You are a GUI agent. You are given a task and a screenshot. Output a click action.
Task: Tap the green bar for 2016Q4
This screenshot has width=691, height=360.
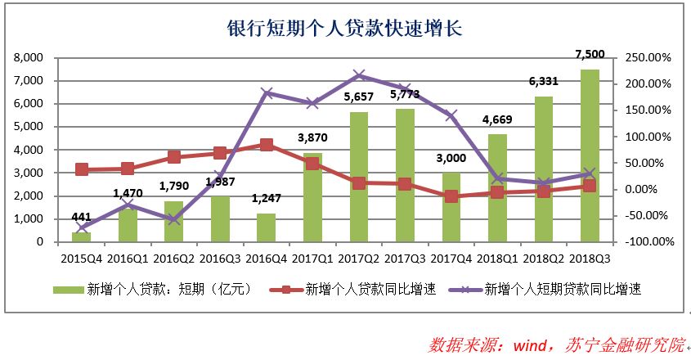(266, 227)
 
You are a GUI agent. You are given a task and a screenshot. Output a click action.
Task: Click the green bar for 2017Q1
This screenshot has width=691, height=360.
(312, 197)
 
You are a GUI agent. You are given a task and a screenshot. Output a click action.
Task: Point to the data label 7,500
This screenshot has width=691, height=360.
(590, 54)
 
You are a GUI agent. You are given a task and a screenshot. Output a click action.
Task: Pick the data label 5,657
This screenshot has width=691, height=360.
(357, 96)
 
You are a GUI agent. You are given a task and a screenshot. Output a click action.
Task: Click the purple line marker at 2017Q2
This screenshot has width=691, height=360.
(358, 75)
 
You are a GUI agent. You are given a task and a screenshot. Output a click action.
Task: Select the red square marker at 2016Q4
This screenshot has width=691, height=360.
(267, 144)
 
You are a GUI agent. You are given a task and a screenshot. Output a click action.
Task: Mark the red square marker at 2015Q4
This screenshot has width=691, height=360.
(81, 169)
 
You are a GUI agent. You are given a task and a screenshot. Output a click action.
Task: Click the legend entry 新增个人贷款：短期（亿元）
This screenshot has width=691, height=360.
(150, 289)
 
